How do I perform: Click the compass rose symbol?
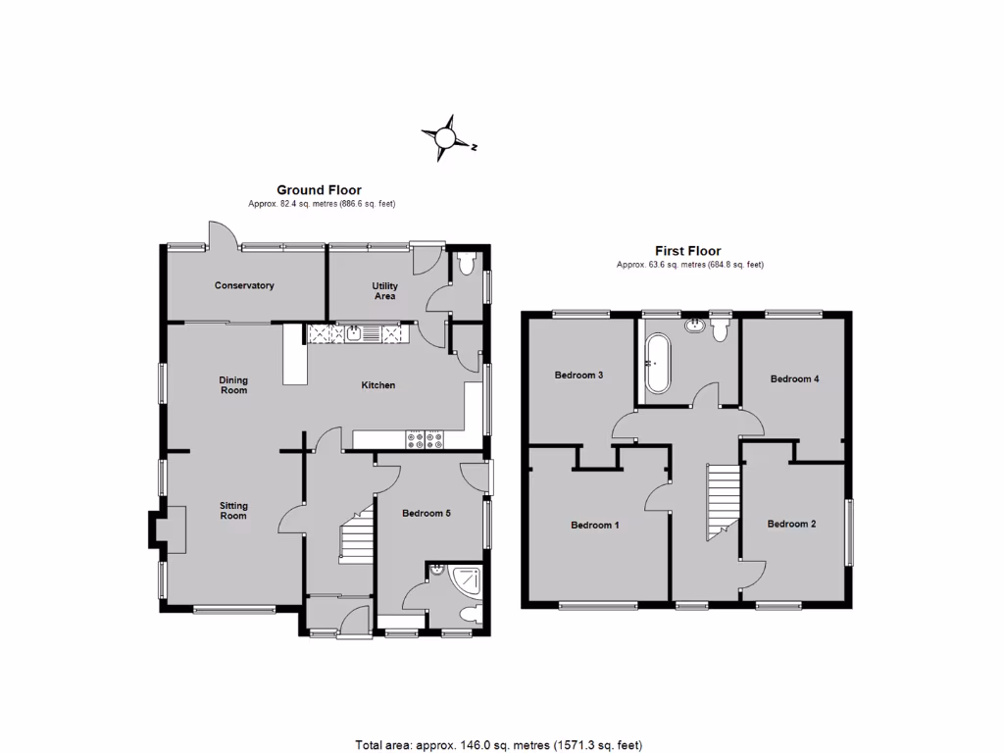click(446, 137)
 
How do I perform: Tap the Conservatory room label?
click(244, 286)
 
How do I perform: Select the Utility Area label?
click(384, 290)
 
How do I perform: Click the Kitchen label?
click(378, 385)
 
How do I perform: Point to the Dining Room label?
click(233, 385)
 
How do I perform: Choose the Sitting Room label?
click(233, 511)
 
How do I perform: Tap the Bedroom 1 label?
click(595, 525)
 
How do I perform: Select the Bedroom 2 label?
click(791, 524)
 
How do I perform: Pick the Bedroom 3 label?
click(578, 375)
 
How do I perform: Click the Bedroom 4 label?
click(794, 378)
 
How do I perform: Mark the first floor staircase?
click(722, 500)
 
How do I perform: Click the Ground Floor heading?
click(319, 190)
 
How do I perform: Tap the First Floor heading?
click(687, 251)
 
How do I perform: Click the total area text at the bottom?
click(498, 744)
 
